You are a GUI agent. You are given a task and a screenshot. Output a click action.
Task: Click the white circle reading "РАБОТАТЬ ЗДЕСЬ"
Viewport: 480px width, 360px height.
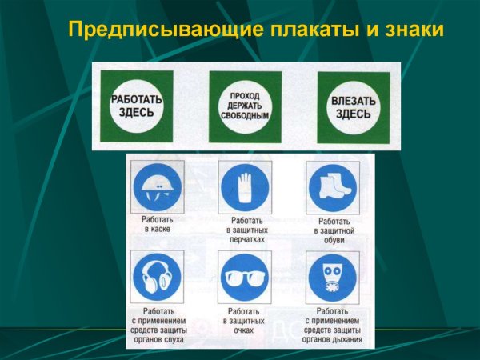pos(136,106)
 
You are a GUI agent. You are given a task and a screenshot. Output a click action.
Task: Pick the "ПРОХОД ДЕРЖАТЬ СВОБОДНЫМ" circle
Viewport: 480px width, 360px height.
pos(245,106)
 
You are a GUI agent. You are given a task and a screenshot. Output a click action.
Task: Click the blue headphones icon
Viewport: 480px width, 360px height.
pos(158,277)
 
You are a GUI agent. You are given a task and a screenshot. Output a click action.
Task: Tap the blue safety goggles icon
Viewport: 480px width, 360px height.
pos(245,277)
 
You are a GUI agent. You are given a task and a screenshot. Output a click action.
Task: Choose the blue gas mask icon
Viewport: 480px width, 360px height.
pos(333,277)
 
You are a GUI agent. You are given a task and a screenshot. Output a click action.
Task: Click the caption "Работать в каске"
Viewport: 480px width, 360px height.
pos(158,223)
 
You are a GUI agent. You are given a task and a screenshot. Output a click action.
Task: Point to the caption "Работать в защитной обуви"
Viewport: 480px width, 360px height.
pos(333,230)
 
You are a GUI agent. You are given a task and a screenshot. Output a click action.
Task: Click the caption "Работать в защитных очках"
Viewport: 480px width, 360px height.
pos(245,320)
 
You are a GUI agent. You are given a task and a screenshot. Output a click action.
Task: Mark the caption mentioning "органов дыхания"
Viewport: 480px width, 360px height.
pos(333,325)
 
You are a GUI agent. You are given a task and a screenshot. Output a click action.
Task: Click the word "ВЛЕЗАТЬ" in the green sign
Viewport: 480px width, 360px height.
pos(353,101)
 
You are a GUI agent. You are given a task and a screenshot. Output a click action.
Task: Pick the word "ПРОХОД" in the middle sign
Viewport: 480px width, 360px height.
pos(245,95)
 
